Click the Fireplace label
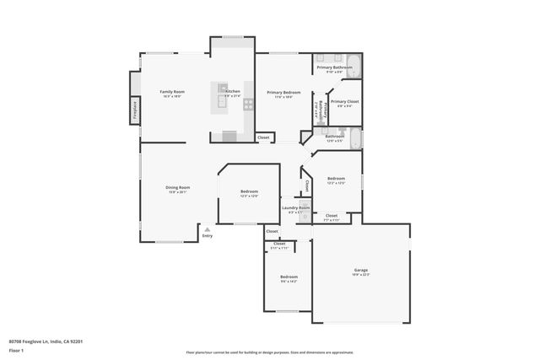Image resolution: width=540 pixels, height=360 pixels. [134, 110]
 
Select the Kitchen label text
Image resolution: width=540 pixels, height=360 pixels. [233, 91]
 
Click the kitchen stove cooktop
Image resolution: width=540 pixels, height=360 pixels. [249, 105]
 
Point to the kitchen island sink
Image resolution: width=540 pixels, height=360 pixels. [223, 87]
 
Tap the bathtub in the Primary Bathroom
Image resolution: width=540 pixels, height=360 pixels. [355, 66]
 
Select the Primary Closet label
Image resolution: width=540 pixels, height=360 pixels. [344, 101]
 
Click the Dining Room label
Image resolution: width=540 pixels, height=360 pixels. [177, 187]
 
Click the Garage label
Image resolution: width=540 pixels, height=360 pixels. [360, 270]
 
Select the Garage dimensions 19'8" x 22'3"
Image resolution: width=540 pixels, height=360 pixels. [360, 275]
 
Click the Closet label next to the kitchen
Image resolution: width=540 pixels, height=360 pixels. [263, 137]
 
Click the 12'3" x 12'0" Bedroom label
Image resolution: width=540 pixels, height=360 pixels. [248, 191]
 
